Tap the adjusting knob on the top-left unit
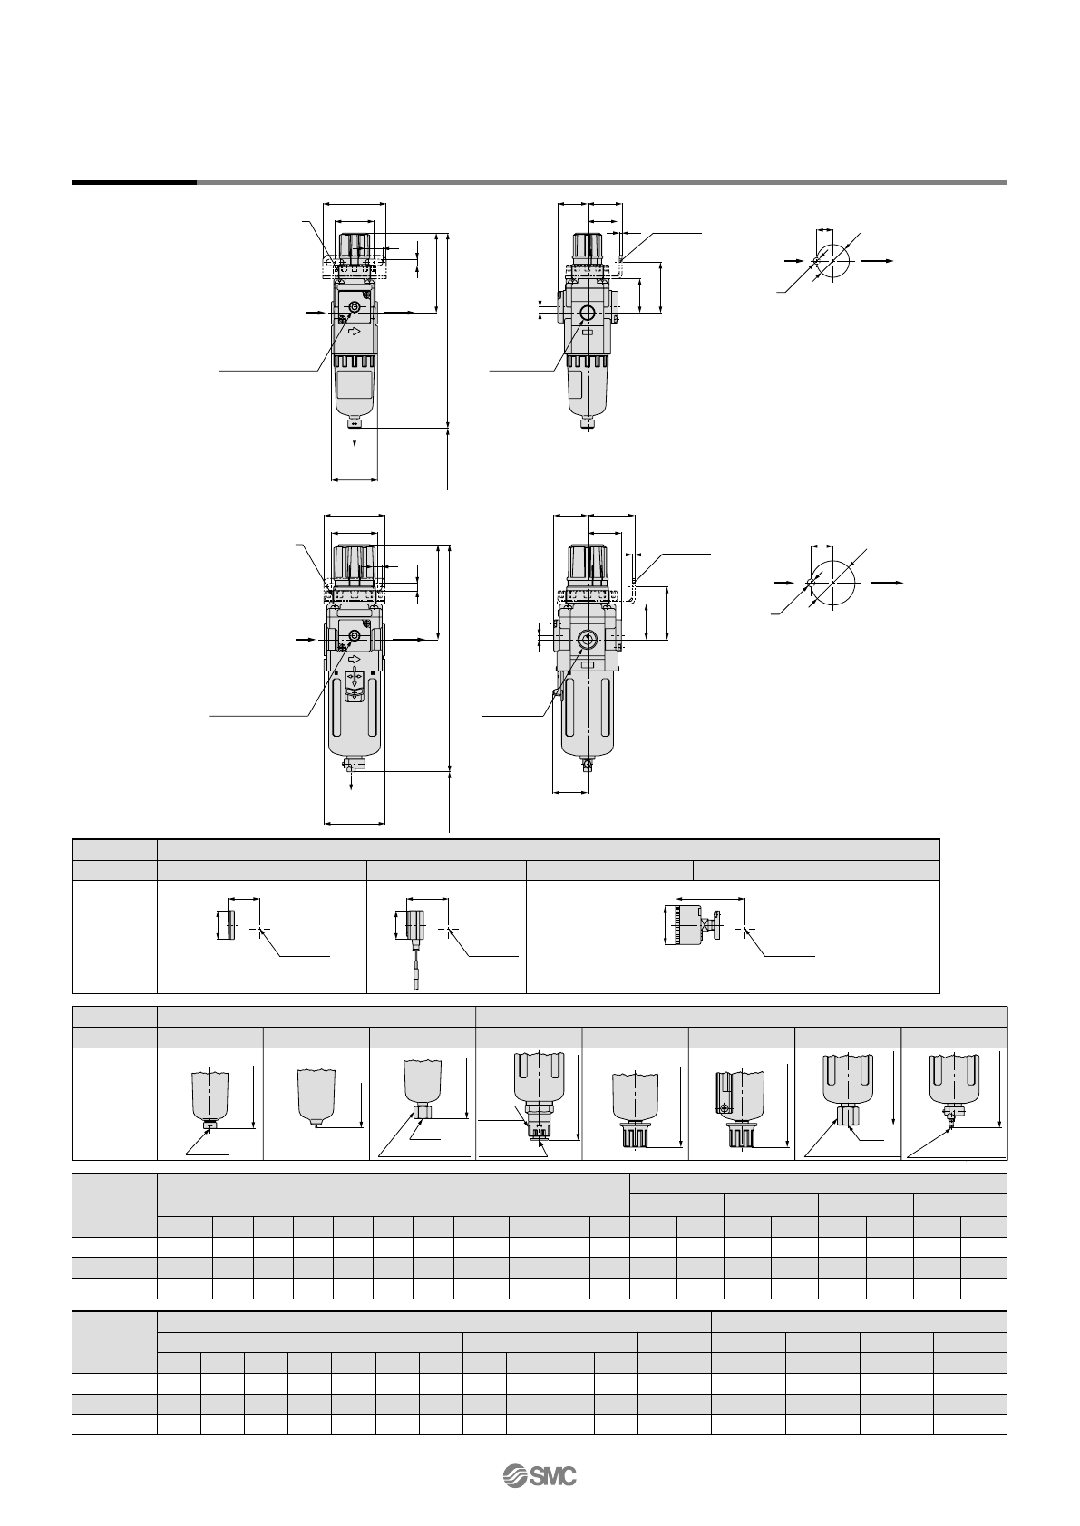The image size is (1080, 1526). click(355, 249)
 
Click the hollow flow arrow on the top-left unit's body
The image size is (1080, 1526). click(354, 332)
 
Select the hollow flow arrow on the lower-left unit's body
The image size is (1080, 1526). click(354, 660)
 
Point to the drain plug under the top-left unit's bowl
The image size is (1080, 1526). click(355, 425)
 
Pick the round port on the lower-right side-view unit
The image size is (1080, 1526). click(587, 640)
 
